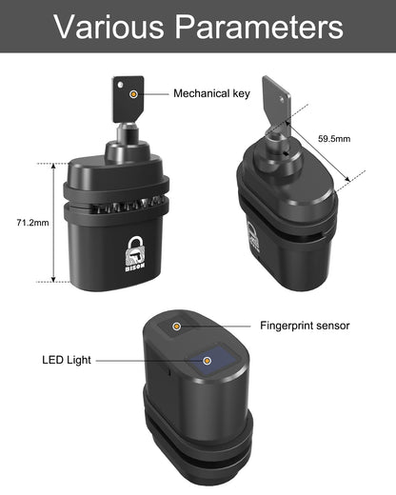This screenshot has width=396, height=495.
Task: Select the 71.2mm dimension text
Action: [20, 222]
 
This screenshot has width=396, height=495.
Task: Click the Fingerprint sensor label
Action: [305, 326]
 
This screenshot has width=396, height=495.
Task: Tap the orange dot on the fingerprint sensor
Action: [177, 326]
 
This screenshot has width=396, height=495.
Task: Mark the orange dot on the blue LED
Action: [208, 360]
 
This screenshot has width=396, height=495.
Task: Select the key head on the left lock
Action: [127, 93]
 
